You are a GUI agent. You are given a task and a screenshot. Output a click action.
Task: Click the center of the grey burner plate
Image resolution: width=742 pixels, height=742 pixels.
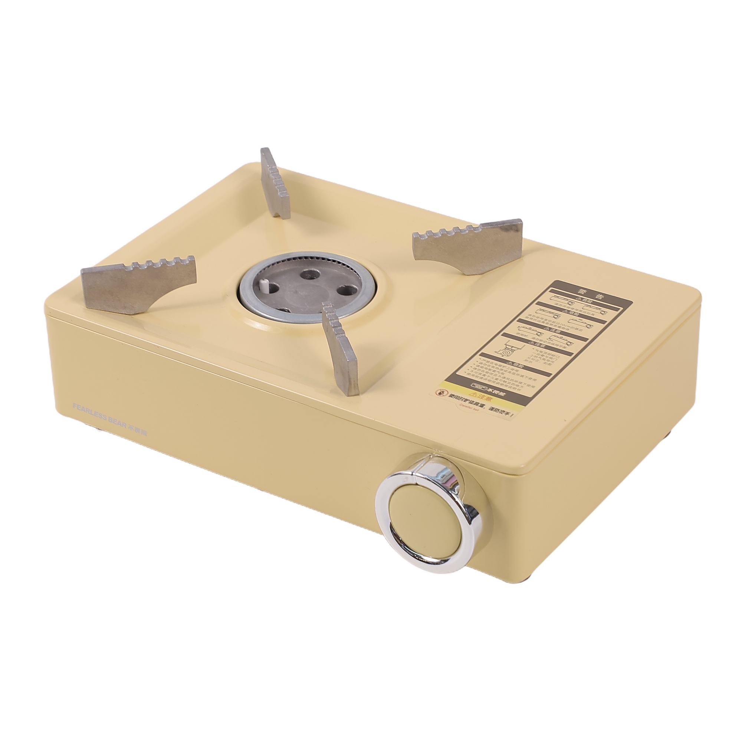click(303, 289)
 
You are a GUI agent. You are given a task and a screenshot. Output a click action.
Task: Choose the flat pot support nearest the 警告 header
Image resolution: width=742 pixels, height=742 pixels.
click(469, 246)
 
